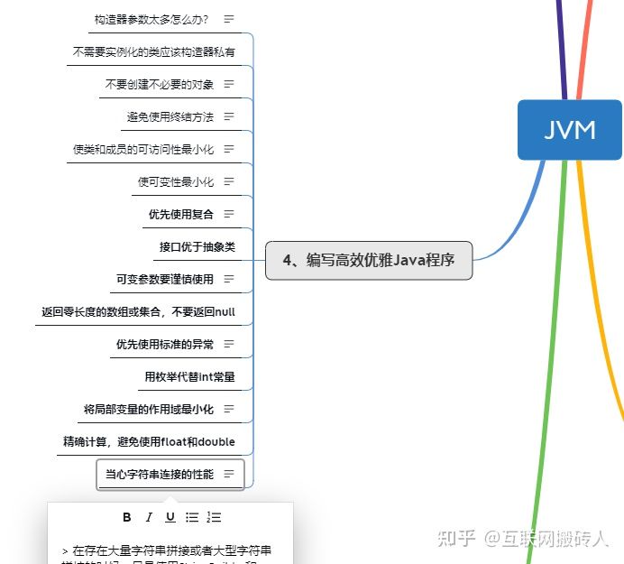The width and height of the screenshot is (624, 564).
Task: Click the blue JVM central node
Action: pos(570,130)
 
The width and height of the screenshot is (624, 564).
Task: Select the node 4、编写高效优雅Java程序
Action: pos(369,261)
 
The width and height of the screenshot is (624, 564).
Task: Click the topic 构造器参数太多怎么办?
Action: pos(151,19)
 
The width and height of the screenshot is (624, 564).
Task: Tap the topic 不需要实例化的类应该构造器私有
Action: pos(153,51)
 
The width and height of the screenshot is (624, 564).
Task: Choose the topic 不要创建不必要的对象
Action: pos(160,84)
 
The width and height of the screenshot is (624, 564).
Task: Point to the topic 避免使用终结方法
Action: pos(170,116)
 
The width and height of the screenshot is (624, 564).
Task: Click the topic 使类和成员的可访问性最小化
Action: pos(143,149)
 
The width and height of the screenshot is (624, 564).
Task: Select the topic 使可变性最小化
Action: pos(176,181)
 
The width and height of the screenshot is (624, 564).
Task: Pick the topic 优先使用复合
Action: pos(181,214)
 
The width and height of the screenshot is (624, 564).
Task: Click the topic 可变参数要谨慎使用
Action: pos(165,279)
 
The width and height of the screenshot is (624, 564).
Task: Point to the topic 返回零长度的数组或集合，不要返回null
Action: pos(138,311)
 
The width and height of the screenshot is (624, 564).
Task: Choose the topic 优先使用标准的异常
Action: pos(165,344)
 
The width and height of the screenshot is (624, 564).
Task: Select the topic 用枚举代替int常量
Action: pos(189,376)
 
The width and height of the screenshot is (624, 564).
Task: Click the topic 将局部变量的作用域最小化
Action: pos(149,409)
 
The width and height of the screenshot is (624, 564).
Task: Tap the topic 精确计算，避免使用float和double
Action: pos(149,441)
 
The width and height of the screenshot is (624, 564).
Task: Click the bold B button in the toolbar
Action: pos(127,517)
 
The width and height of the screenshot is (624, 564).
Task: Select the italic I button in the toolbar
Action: pos(149,517)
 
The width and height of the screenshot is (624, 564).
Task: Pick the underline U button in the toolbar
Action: pos(170,517)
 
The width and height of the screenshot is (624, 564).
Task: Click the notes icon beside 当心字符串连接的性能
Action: pos(229,474)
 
